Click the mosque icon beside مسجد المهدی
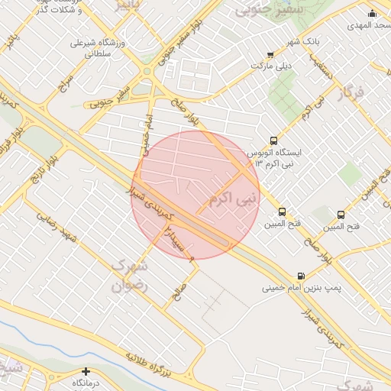pos(372,13)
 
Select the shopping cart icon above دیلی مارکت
pos(270,53)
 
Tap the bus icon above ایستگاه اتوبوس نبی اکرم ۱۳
pos(274,141)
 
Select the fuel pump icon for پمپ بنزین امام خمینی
pos(300,276)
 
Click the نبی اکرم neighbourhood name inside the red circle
pos(229,201)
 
